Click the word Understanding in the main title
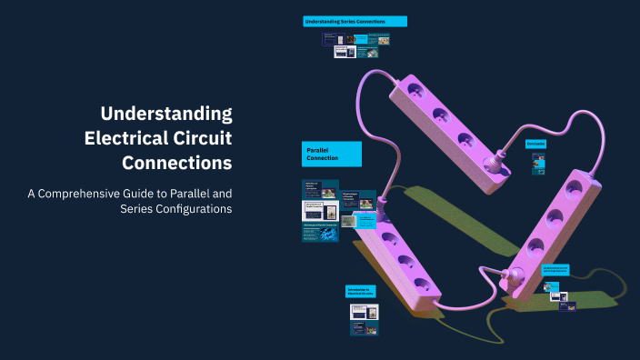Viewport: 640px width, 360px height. click(166, 115)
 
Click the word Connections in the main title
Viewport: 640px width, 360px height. click(176, 164)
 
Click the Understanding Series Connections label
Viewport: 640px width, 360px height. click(355, 21)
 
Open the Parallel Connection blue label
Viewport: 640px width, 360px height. click(332, 154)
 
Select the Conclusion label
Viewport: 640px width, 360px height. click(536, 144)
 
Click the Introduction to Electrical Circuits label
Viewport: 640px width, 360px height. click(361, 292)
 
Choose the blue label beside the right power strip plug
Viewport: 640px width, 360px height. click(555, 270)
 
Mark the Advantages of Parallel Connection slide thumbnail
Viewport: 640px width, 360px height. click(320, 232)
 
